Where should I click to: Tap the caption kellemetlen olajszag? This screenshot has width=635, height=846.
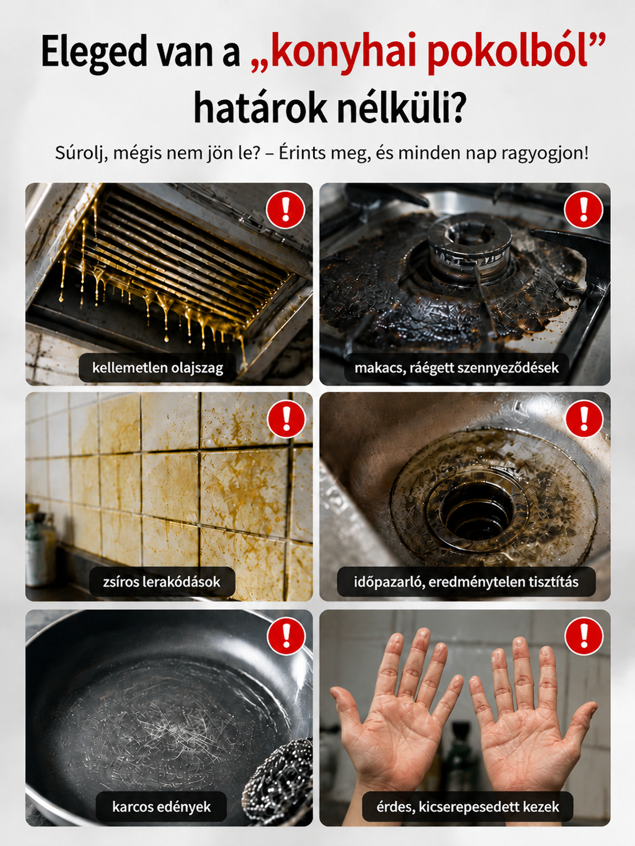click(158, 368)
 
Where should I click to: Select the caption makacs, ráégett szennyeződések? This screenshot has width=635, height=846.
click(456, 368)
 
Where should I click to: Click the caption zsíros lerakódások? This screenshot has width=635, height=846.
click(162, 582)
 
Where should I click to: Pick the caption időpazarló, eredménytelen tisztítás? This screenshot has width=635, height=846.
click(466, 582)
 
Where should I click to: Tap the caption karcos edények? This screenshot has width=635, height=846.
click(162, 806)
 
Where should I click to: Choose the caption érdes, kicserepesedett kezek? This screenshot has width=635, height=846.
click(467, 806)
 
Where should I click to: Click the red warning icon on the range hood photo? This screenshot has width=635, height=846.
click(286, 210)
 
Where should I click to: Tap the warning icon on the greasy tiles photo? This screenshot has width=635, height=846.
click(286, 419)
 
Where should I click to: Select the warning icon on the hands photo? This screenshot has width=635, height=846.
click(584, 636)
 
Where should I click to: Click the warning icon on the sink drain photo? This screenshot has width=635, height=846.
click(584, 419)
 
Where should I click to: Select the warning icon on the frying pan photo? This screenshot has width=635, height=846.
click(286, 636)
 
